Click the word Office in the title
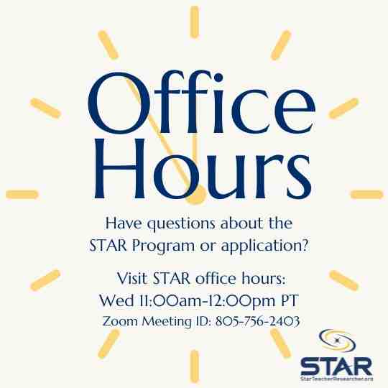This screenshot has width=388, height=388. (x=194, y=106)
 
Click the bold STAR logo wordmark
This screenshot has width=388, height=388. (x=336, y=362)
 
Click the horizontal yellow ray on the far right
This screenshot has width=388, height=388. (x=366, y=195)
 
